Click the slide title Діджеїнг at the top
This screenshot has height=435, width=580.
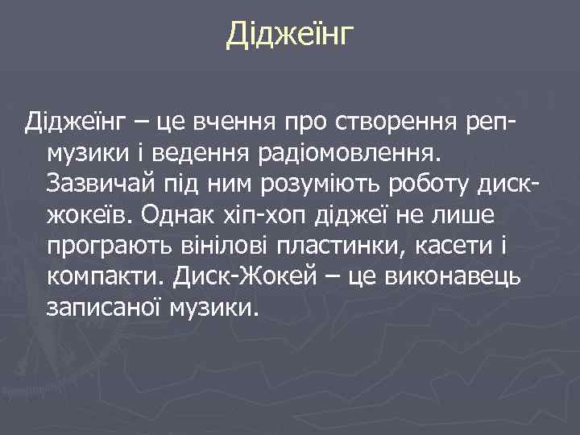click(x=290, y=35)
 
